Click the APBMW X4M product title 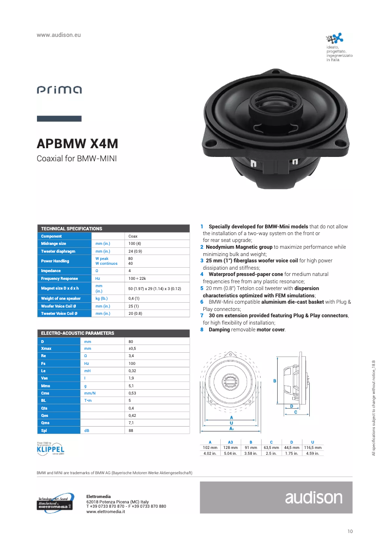click(77, 144)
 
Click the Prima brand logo click(59, 90)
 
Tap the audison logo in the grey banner click(314, 497)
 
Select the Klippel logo click(51, 448)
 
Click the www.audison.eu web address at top click(58, 35)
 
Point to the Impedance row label click(51, 271)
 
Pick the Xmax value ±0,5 click(132, 348)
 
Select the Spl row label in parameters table click(44, 430)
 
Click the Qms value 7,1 click(131, 423)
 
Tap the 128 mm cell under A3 click(230, 447)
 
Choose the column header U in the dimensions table click(312, 441)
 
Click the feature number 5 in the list click(202, 288)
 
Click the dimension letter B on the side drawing click(275, 381)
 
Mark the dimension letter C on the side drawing click(296, 412)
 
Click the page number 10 click(350, 531)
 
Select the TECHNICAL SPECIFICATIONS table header click(71, 228)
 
